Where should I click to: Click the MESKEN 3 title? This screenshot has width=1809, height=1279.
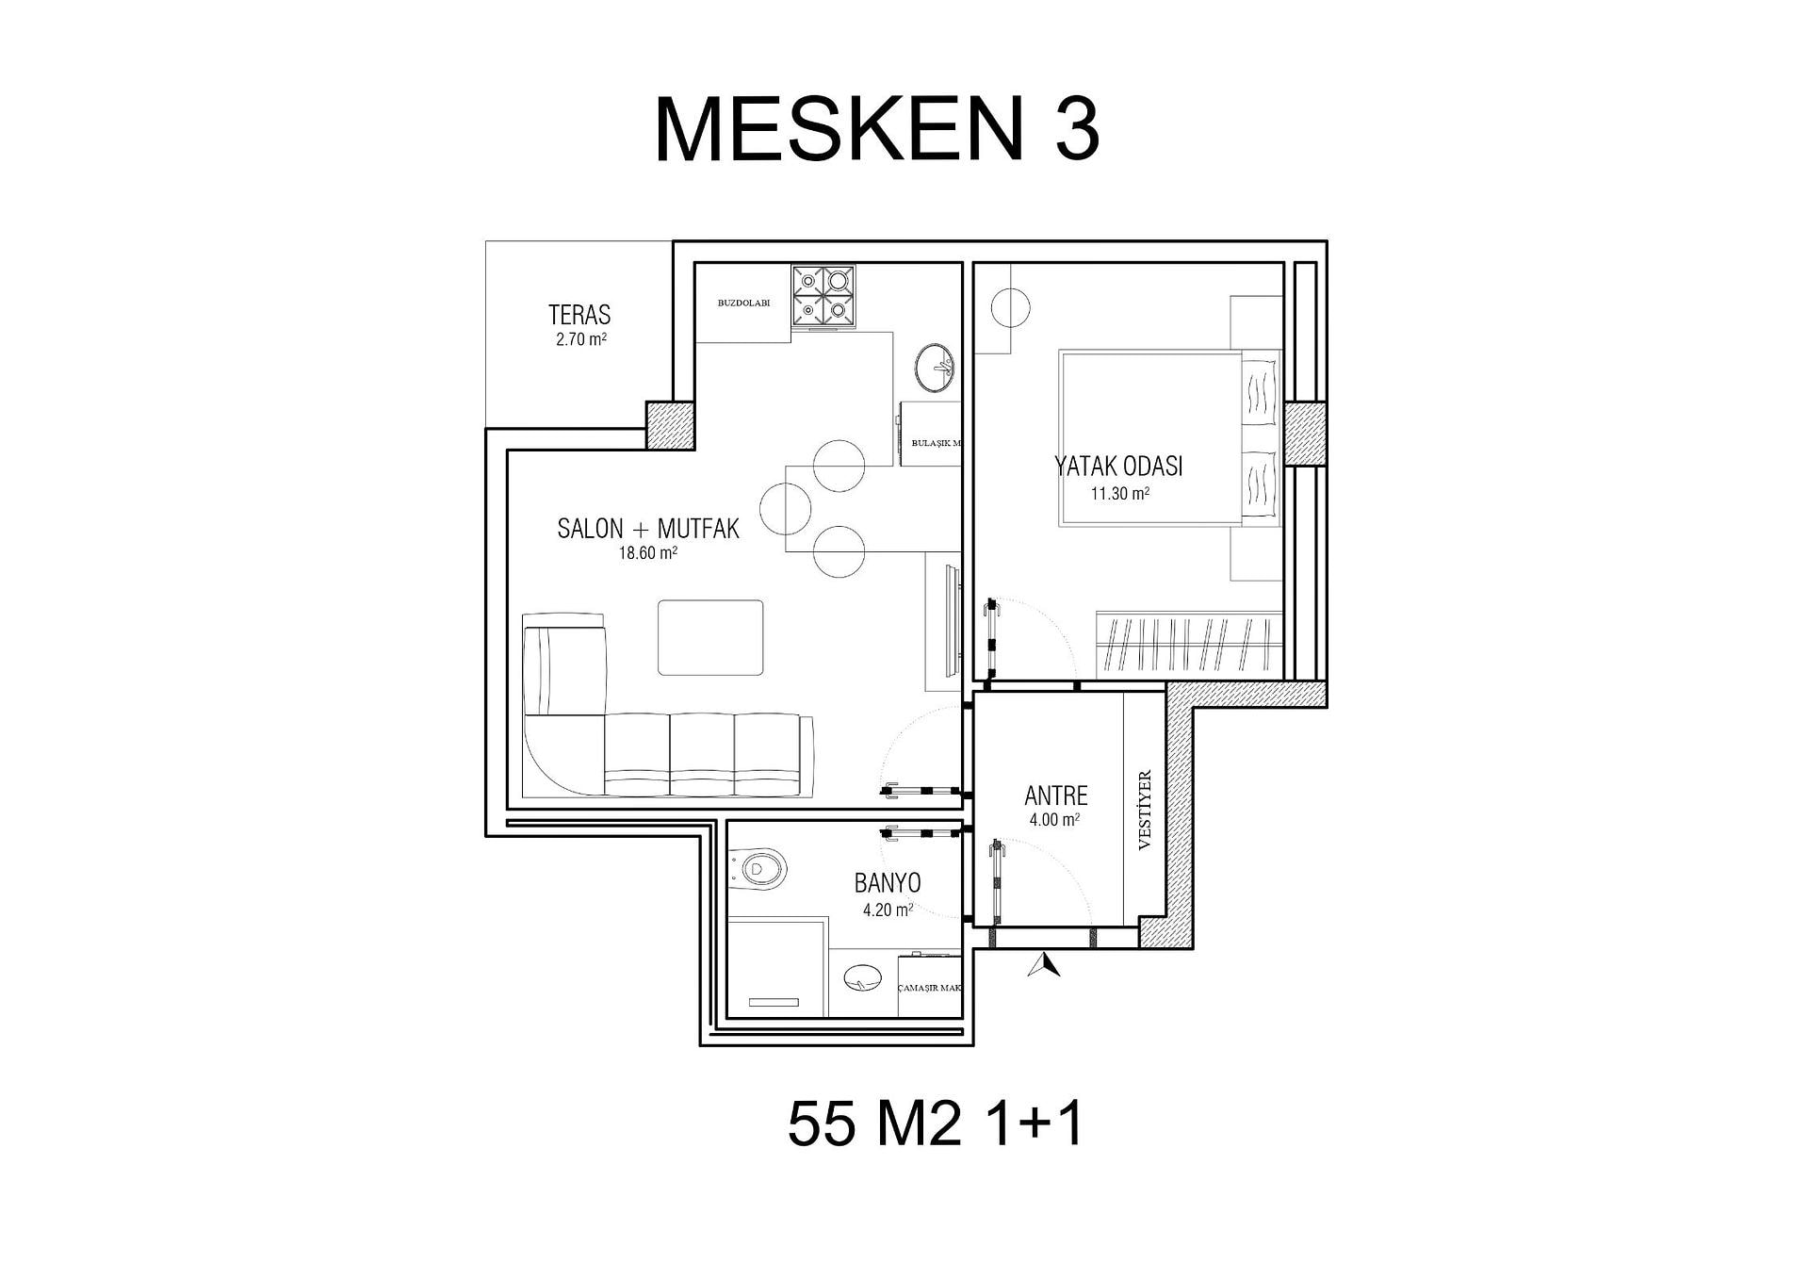[x=877, y=130]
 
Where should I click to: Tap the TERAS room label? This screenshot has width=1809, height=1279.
[x=579, y=315]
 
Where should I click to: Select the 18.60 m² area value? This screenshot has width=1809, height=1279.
[x=648, y=553]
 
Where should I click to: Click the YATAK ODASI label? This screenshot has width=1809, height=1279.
[x=1118, y=466]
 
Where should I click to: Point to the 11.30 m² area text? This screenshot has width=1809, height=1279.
[x=1120, y=493]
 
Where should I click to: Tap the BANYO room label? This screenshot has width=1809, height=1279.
[x=888, y=883]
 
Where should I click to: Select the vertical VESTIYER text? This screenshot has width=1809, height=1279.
[x=1146, y=811]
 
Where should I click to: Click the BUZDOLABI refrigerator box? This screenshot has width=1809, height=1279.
[x=743, y=303]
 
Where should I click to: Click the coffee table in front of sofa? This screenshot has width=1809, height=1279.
[x=710, y=637]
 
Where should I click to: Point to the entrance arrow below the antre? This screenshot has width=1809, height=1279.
[x=1044, y=965]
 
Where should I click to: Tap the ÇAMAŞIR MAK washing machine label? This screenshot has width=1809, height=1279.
[x=931, y=989]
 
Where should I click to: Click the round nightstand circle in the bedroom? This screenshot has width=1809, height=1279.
[x=1009, y=307]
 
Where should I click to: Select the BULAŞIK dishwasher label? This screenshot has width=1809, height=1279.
[x=931, y=442]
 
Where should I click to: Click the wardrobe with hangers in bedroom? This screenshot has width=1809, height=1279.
[x=1189, y=645]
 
